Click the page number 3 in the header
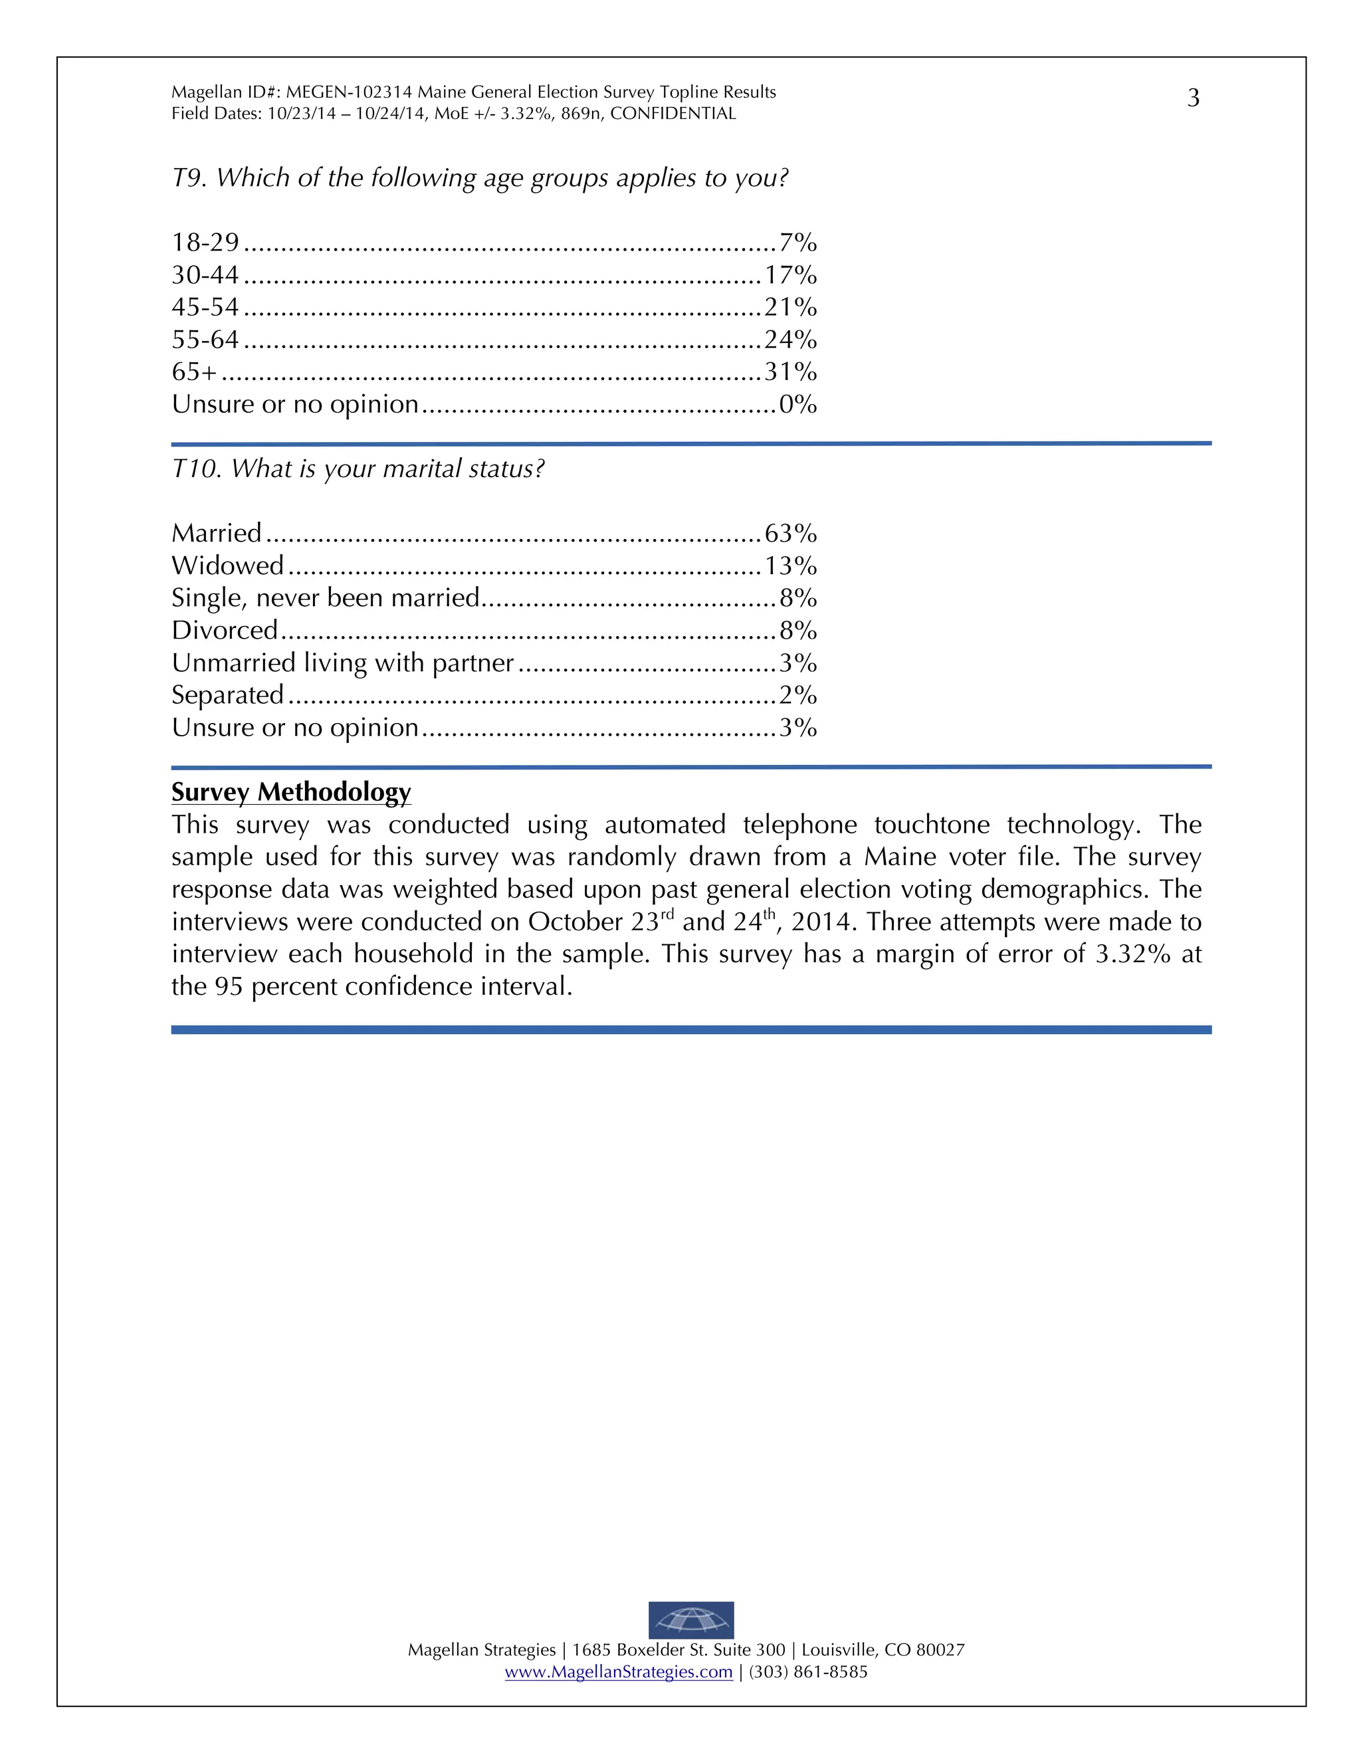tap(1194, 98)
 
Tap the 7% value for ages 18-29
tap(797, 243)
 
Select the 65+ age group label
tap(194, 371)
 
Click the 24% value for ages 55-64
tap(790, 340)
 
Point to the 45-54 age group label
tap(205, 307)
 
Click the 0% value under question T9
tap(797, 404)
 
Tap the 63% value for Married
tap(790, 533)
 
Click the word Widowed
tap(227, 566)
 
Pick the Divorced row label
tap(224, 630)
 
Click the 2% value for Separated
tap(797, 694)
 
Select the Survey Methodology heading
tap(291, 792)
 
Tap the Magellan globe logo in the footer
tap(691, 1620)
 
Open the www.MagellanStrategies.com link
tap(619, 1671)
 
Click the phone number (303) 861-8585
tap(808, 1671)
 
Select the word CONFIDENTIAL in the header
tap(673, 114)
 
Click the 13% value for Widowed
tap(790, 566)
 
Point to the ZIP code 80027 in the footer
tap(940, 1650)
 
